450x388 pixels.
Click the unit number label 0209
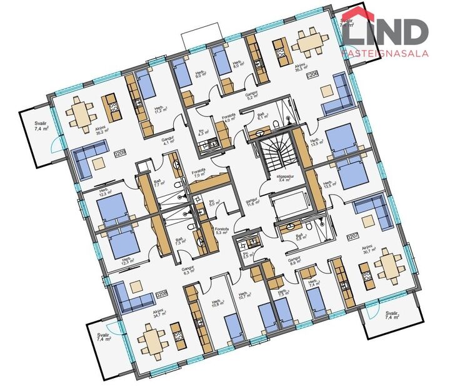(x=121, y=153)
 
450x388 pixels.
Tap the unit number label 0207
(x=352, y=237)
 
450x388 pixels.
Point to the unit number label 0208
(x=162, y=293)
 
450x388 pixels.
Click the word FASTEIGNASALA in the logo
(x=385, y=53)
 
